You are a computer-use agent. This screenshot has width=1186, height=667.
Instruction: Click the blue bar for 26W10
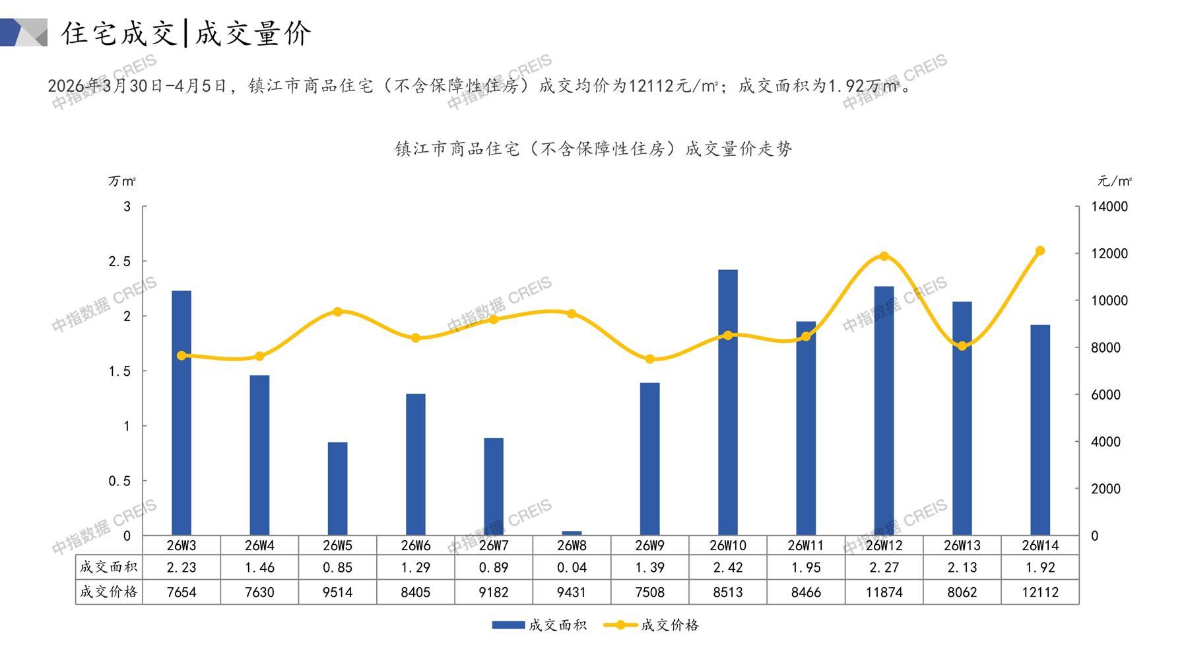727,402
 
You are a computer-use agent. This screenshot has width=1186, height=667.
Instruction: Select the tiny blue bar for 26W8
572,533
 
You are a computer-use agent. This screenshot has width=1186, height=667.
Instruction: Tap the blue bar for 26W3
181,413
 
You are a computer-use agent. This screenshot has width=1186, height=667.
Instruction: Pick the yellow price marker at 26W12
884,256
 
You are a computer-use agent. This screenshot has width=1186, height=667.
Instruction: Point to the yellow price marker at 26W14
1040,251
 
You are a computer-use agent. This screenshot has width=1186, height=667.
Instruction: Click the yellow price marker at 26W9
649,359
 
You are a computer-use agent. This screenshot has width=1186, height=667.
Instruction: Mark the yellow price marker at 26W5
337,312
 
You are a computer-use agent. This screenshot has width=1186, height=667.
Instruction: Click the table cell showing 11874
884,592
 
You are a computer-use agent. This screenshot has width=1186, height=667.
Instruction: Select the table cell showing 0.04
572,567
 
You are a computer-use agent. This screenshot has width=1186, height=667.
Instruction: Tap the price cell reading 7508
649,592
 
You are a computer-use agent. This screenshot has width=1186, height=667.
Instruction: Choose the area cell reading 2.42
727,567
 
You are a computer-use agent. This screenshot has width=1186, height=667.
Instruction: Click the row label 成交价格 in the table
109,592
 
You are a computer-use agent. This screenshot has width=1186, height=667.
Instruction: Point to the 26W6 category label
415,545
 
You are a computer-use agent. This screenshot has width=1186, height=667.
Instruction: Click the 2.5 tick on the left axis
119,262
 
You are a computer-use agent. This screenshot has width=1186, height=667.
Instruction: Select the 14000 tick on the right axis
1109,207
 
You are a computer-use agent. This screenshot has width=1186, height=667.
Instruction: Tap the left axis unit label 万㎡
122,181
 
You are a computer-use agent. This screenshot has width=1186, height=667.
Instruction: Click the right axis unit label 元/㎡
1115,181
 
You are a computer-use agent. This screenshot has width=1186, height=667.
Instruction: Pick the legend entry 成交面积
539,625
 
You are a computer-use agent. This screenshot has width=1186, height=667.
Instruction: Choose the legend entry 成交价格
651,625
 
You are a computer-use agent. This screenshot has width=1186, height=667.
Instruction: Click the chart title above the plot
593,149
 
